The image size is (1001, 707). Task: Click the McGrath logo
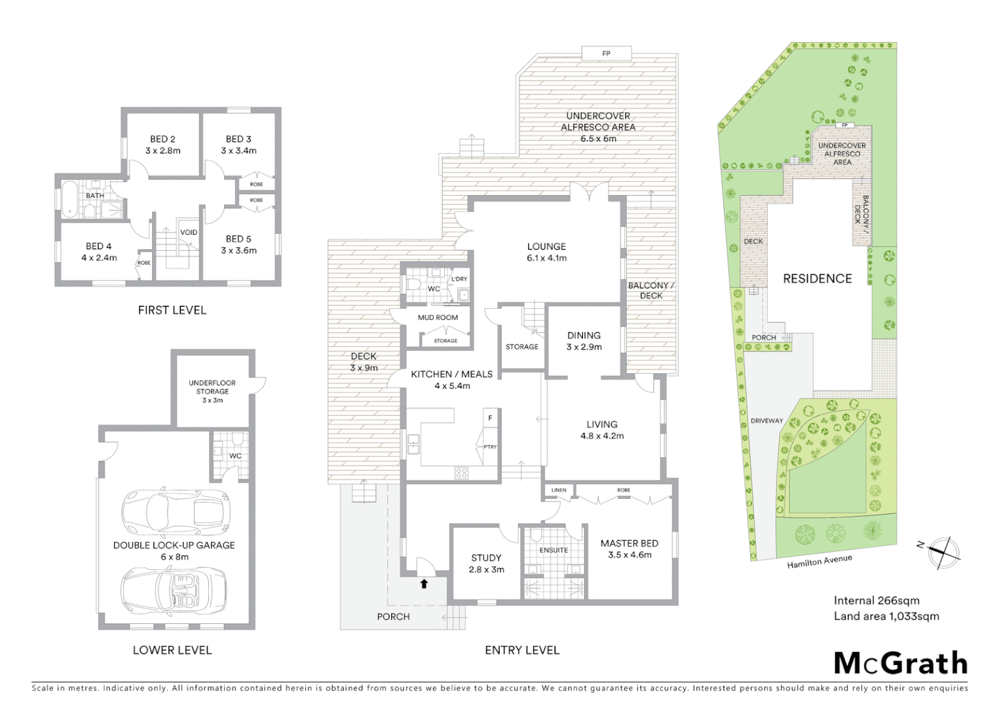click(900, 663)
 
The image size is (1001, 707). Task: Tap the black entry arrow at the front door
click(424, 583)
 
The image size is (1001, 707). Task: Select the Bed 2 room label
click(162, 145)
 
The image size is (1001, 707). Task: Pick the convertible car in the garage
click(175, 590)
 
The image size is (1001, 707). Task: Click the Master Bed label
click(629, 549)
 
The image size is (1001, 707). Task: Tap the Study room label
click(486, 563)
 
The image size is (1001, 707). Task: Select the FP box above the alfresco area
click(606, 53)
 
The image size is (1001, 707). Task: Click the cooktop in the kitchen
click(461, 472)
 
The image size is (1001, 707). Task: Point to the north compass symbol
click(943, 550)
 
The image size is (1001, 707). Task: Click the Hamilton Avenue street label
click(820, 561)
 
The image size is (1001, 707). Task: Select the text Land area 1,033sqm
click(886, 616)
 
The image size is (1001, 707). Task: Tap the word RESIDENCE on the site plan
click(817, 279)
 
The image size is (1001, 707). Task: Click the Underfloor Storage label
click(212, 391)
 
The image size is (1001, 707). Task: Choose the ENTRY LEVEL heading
click(521, 650)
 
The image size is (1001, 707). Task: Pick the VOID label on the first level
click(189, 232)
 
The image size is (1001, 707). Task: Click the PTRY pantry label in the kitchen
click(490, 447)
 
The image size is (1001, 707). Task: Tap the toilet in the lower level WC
click(237, 439)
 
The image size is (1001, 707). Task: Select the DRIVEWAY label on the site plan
click(766, 421)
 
